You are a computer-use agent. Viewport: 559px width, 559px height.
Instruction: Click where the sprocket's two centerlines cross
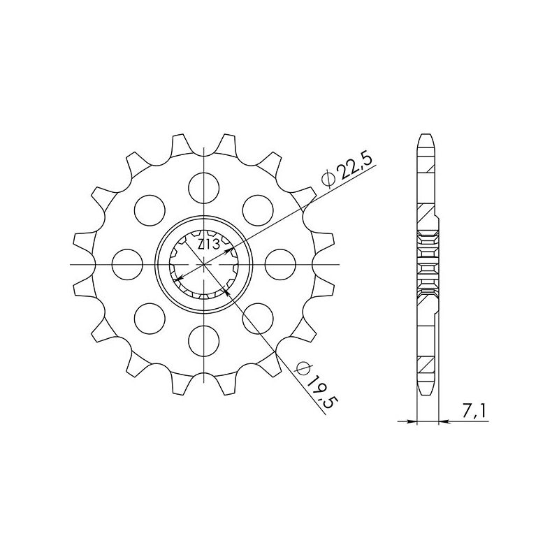[203, 264]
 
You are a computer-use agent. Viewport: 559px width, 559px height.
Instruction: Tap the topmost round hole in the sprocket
[203, 186]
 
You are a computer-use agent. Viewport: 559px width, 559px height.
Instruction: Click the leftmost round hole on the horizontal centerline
[126, 264]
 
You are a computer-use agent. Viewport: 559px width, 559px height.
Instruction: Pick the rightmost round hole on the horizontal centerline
[280, 264]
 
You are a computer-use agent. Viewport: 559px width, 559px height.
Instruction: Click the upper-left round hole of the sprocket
[148, 208]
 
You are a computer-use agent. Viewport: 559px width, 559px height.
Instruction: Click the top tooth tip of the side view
[426, 136]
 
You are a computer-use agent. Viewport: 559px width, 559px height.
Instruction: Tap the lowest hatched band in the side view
[426, 365]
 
